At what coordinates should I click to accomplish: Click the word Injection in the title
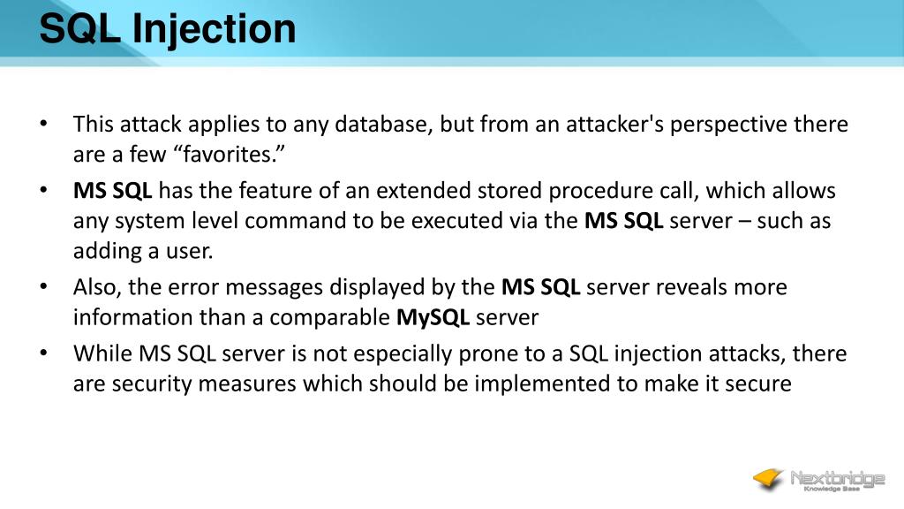coord(215,29)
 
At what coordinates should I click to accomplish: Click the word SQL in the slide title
coord(80,29)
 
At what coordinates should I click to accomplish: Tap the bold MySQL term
coord(433,317)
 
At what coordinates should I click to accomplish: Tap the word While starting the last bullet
coord(102,354)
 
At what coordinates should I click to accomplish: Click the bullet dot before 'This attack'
coord(44,125)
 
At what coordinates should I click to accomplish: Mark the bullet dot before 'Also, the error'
coord(44,287)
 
